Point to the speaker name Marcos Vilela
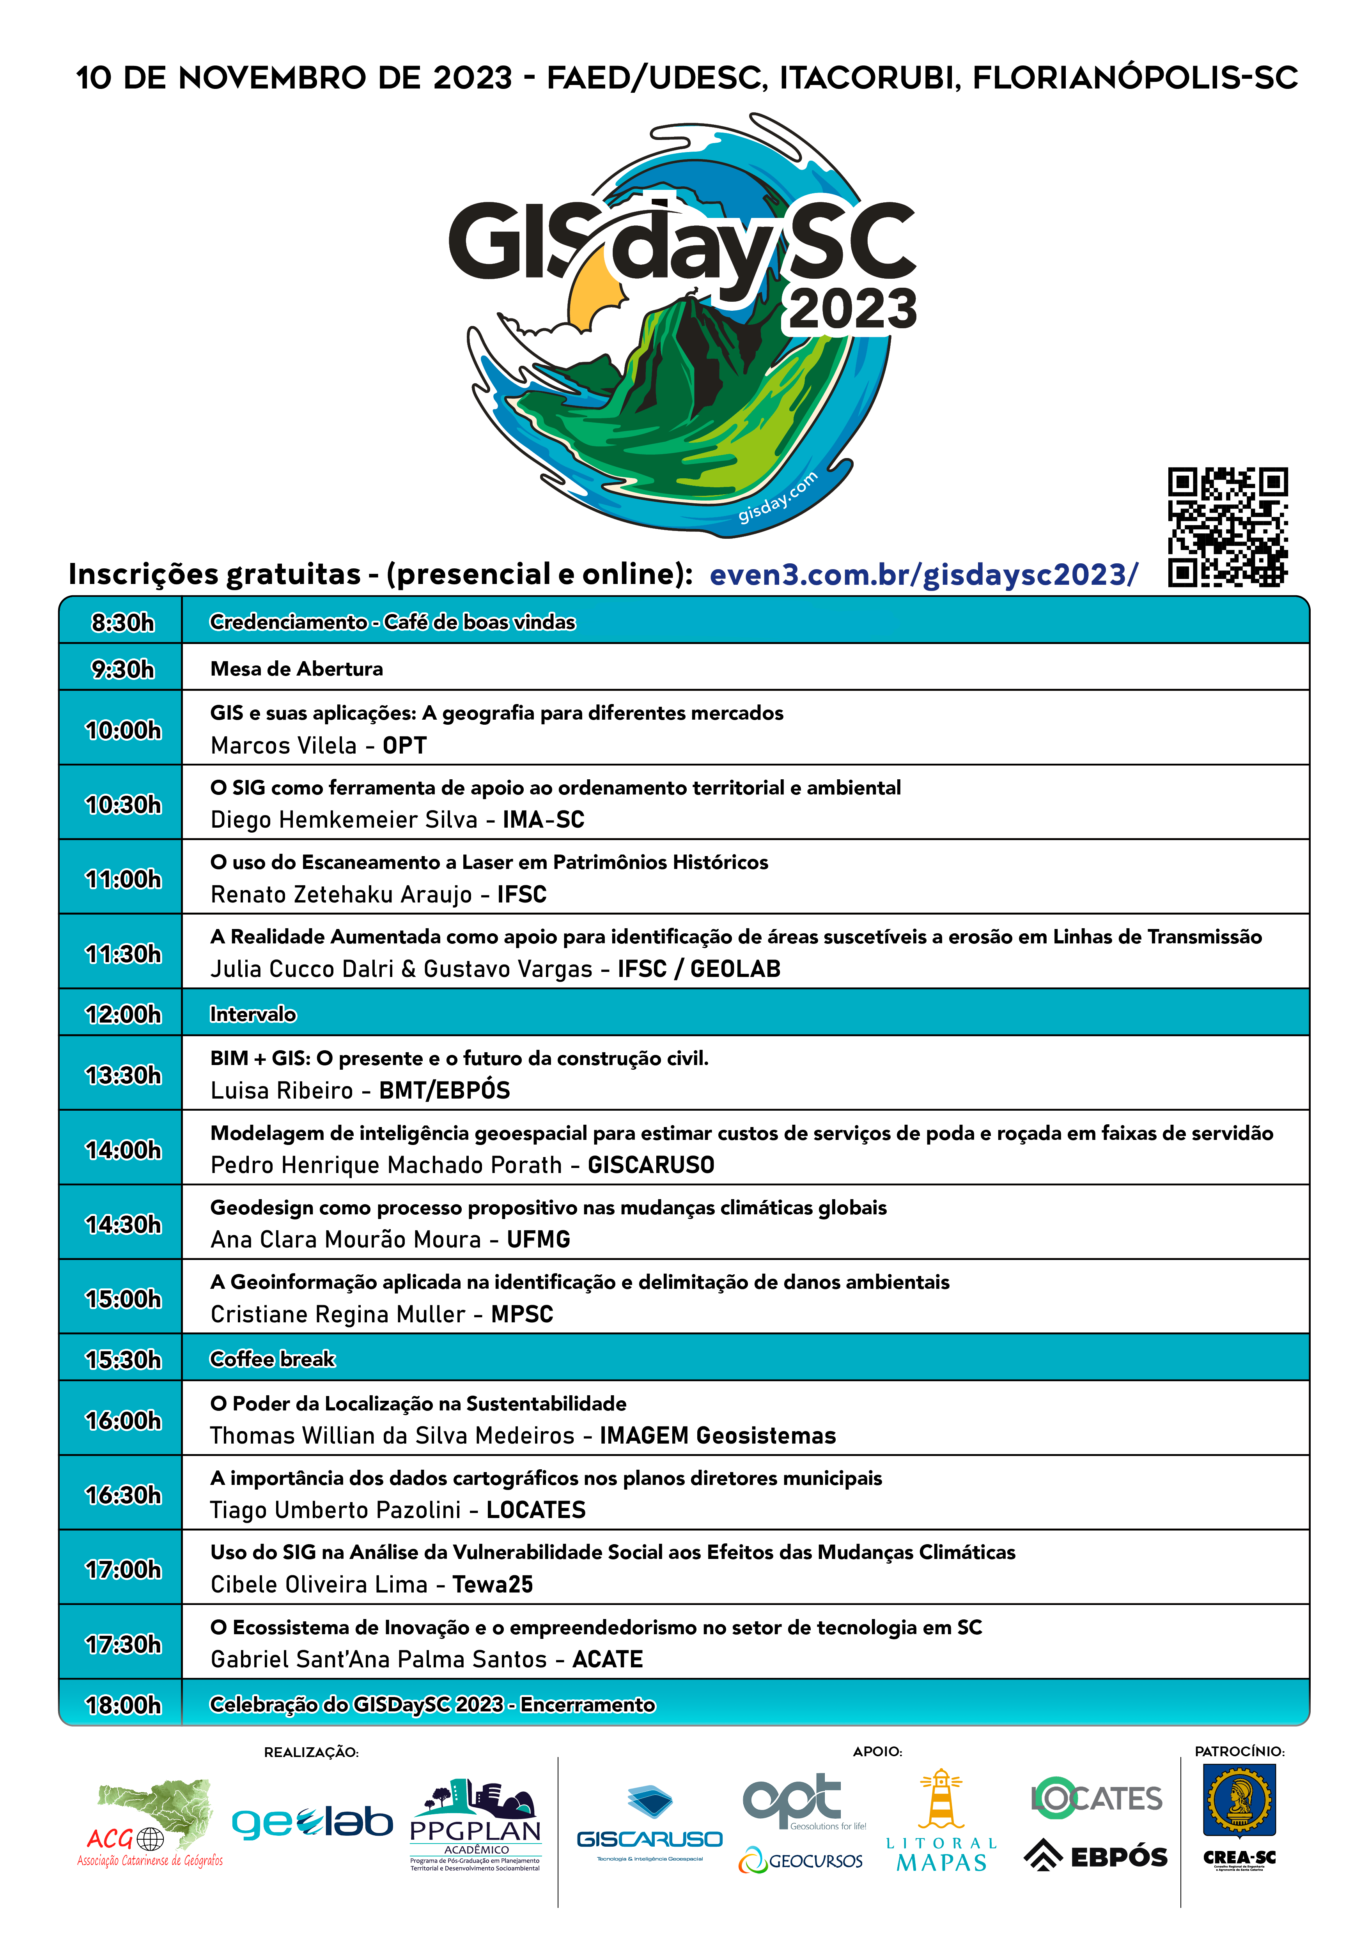[x=284, y=745]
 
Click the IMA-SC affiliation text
[x=543, y=819]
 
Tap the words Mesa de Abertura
[x=296, y=669]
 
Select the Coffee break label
[x=272, y=1359]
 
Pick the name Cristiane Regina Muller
[x=338, y=1314]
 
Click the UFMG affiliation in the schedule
[x=538, y=1239]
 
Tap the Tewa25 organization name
[x=493, y=1584]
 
